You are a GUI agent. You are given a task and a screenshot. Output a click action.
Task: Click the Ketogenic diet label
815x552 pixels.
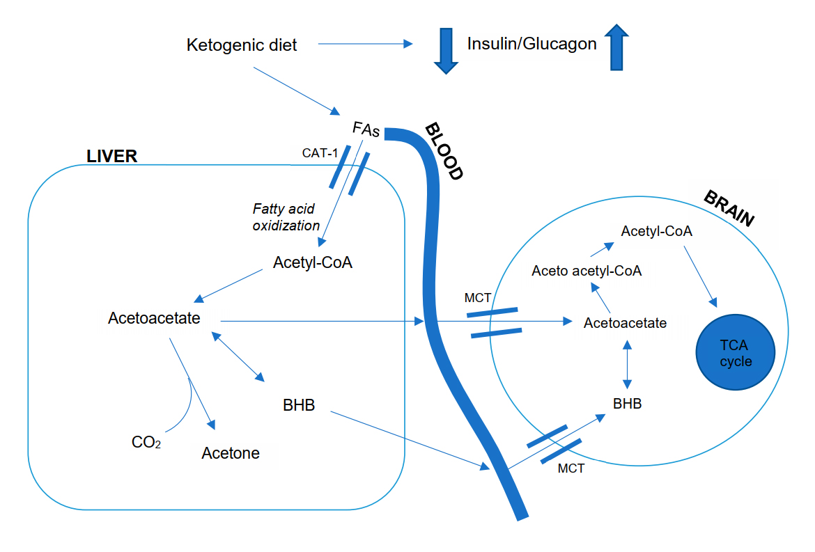pos(242,45)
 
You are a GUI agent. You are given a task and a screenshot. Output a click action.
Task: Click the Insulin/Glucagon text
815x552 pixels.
pos(531,44)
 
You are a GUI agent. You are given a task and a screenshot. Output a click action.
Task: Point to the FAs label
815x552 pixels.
pos(366,129)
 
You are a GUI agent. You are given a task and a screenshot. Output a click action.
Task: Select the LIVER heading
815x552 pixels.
pos(111,156)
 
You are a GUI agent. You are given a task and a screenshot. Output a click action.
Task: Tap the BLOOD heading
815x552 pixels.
pos(444,152)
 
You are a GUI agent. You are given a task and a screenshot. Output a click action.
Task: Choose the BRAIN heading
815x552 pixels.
pos(729,207)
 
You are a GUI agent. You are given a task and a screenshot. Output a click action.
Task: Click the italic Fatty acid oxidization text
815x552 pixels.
pos(286,216)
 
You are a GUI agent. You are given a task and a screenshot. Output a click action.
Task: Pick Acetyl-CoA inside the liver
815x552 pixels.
pos(313,263)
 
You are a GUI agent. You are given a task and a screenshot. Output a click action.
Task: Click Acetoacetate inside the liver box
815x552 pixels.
pos(154,318)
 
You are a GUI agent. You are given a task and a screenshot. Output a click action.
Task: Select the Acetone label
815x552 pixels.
pos(231,453)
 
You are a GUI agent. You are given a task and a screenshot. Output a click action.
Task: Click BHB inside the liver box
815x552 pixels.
pos(299,404)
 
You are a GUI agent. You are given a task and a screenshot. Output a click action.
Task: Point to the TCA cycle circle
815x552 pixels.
pos(736,352)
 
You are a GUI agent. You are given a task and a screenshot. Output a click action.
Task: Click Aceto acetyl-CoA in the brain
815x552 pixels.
pos(587,271)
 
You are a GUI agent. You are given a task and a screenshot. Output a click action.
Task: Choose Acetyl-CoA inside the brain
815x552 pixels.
pos(657,230)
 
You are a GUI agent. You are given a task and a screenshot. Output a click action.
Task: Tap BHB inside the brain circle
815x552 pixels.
pos(627,403)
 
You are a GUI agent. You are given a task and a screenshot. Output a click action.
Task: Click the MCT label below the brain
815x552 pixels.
pos(571,468)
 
